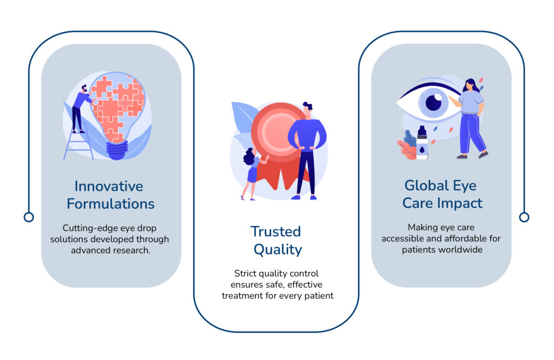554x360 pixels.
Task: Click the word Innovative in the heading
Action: [109, 186]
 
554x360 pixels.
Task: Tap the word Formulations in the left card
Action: [110, 204]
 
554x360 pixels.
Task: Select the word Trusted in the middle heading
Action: [276, 231]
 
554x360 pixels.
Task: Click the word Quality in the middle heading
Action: [278, 250]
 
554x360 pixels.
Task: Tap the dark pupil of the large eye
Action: [433, 103]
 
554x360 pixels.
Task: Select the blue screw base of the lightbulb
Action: [117, 150]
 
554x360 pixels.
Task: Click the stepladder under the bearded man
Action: [78, 145]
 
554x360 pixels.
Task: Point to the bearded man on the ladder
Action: [82, 109]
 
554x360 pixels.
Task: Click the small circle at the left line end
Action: [29, 217]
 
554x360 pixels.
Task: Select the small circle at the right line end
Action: [524, 217]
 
